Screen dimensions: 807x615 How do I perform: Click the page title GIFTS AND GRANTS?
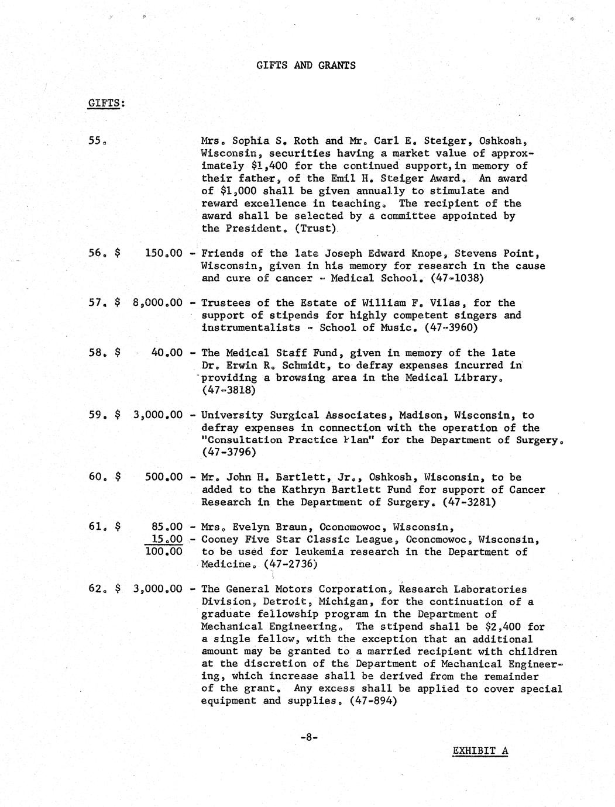[305, 65]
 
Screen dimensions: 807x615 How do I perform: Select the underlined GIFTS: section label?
[106, 104]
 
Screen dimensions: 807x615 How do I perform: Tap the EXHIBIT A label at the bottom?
[480, 751]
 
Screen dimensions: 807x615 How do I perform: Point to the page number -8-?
[308, 737]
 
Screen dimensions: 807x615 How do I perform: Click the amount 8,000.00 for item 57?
[157, 303]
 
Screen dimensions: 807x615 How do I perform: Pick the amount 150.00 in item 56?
[163, 253]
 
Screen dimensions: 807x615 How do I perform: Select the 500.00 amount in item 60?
[163, 477]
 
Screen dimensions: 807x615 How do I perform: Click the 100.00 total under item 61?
[163, 551]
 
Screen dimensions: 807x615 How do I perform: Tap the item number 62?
[97, 589]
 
